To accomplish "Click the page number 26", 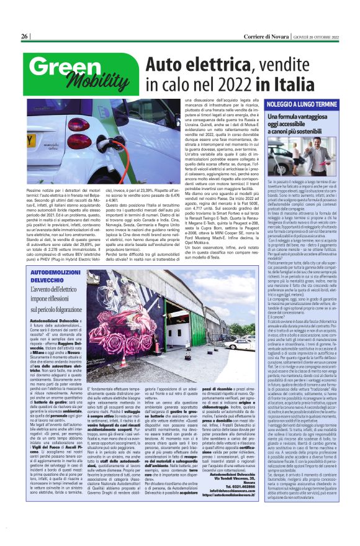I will (24, 37).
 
